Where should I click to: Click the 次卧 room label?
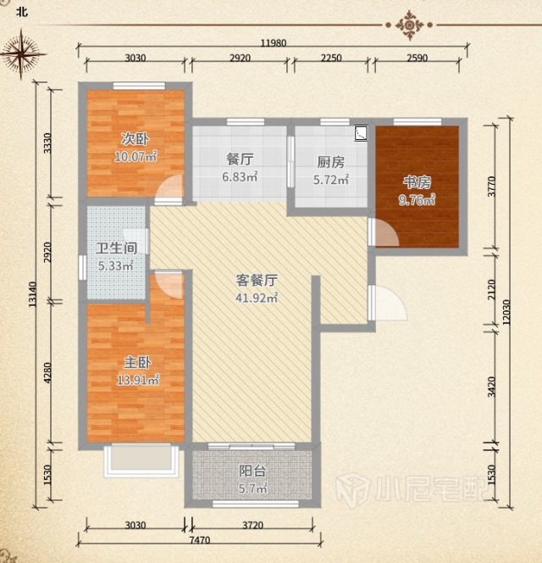coord(135,139)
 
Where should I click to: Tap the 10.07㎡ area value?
coord(135,157)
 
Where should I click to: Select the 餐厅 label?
coord(240,159)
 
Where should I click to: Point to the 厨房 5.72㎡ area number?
coord(331,180)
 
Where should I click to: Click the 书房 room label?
coord(417,182)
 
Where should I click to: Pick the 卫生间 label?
coord(117,248)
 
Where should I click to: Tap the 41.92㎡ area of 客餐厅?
coord(257,298)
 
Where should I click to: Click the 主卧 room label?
coord(137,363)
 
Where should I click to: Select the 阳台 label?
coord(252,471)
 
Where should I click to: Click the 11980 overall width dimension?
coord(274,43)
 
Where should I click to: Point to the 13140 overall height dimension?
coord(32,294)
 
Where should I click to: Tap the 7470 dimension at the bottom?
coord(200,539)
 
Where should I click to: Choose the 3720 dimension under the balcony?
coord(253,526)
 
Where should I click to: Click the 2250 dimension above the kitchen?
coord(331,58)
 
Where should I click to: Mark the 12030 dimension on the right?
coord(506,312)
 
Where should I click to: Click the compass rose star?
coord(21,54)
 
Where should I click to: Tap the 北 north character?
coord(22,12)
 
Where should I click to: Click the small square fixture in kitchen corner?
coord(361,133)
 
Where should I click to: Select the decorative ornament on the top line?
coord(409,25)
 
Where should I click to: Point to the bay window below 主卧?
coord(141,460)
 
